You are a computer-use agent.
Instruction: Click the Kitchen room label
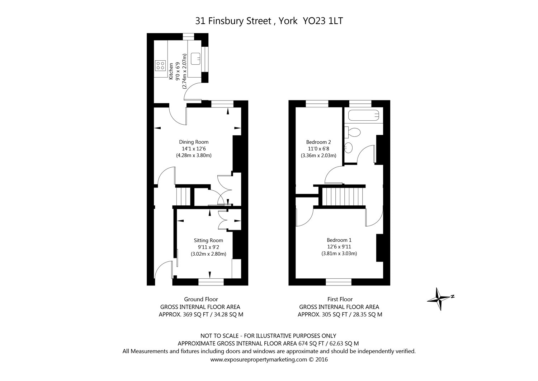(171, 71)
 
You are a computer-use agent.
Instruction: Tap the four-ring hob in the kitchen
(160, 65)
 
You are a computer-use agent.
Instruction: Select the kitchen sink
(196, 57)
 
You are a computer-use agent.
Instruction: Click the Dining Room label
(194, 142)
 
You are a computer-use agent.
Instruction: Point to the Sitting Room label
(208, 240)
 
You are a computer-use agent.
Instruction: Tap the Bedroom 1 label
(339, 240)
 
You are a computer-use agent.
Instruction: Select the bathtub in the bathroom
(363, 115)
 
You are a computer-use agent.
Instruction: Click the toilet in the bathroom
(353, 132)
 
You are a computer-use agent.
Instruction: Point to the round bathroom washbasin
(349, 147)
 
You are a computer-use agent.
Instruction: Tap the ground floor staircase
(183, 196)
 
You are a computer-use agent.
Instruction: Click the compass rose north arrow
(440, 298)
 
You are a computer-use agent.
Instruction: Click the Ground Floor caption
(201, 299)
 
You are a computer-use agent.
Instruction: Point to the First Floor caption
(340, 299)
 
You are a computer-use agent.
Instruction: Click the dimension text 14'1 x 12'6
(194, 149)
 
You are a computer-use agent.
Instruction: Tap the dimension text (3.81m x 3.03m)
(339, 254)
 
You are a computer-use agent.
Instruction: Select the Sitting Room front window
(211, 282)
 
